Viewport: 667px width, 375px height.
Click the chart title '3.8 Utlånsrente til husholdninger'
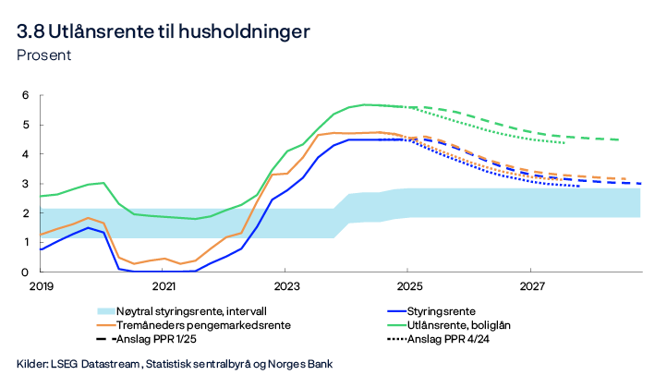tap(164, 30)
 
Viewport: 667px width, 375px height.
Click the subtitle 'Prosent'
tap(44, 54)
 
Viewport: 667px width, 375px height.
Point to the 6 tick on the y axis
tap(27, 95)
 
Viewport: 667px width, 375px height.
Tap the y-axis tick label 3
tap(27, 184)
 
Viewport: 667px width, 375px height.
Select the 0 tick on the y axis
tap(27, 272)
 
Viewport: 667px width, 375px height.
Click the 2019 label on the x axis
tap(42, 287)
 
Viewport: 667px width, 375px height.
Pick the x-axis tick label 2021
tap(164, 287)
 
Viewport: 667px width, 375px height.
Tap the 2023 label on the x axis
tap(285, 287)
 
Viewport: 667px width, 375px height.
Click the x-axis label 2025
tap(407, 287)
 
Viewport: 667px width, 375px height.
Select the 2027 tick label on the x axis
tap(530, 287)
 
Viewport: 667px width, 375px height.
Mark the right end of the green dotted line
tap(564, 142)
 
